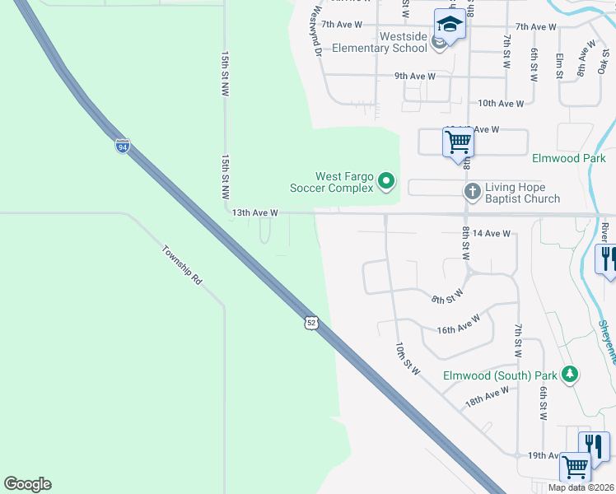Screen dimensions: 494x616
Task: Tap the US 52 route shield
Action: coord(310,323)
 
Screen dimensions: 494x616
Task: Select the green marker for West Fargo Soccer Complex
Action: coord(387,180)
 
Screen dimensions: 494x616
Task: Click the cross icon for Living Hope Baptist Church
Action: coord(472,191)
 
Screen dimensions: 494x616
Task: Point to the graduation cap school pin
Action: coord(450,25)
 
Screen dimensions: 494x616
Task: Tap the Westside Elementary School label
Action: coord(380,43)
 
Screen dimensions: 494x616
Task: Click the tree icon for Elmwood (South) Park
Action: coord(569,375)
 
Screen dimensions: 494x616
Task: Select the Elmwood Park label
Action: coord(568,158)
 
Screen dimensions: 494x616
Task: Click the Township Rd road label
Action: coord(181,265)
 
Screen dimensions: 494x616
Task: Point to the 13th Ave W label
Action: coord(255,212)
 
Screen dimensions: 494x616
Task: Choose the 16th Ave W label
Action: coord(459,324)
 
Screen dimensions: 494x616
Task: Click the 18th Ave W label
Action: coord(486,397)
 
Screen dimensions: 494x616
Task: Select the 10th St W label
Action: coord(407,358)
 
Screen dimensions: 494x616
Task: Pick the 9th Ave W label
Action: coord(414,77)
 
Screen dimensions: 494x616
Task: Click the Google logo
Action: coord(27,484)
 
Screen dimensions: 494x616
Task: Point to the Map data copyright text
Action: coord(581,487)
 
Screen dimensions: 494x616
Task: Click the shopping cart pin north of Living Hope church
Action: coord(458,142)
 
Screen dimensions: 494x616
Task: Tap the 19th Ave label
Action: coord(544,455)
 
